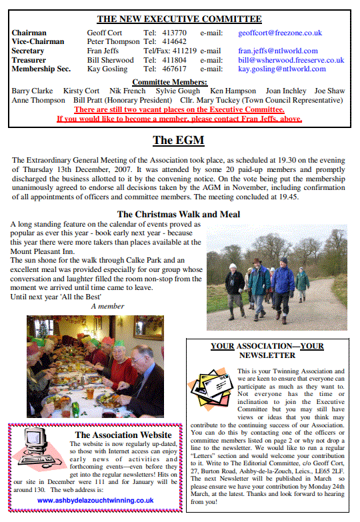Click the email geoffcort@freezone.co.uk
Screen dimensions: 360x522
click(279, 32)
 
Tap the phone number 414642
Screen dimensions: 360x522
click(174, 41)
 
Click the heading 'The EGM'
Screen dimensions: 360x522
click(178, 140)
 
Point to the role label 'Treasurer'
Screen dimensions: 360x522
click(29, 59)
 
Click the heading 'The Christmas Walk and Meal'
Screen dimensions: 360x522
click(179, 214)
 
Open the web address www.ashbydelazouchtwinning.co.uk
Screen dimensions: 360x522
click(96, 499)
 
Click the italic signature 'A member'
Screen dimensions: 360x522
click(107, 306)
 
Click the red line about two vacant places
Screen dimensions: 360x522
click(179, 109)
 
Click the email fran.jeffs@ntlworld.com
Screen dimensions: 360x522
click(277, 51)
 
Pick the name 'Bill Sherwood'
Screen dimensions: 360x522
click(111, 59)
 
